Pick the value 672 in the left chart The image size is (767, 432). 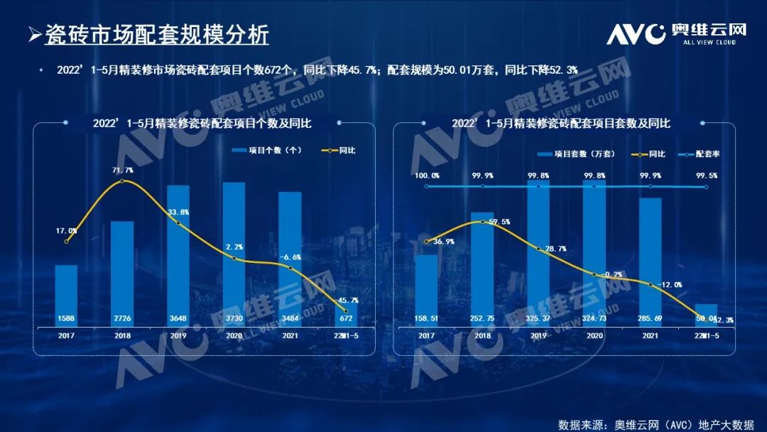click(x=346, y=318)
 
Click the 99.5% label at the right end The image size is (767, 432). click(x=707, y=175)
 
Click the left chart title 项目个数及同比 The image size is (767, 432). click(x=202, y=123)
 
